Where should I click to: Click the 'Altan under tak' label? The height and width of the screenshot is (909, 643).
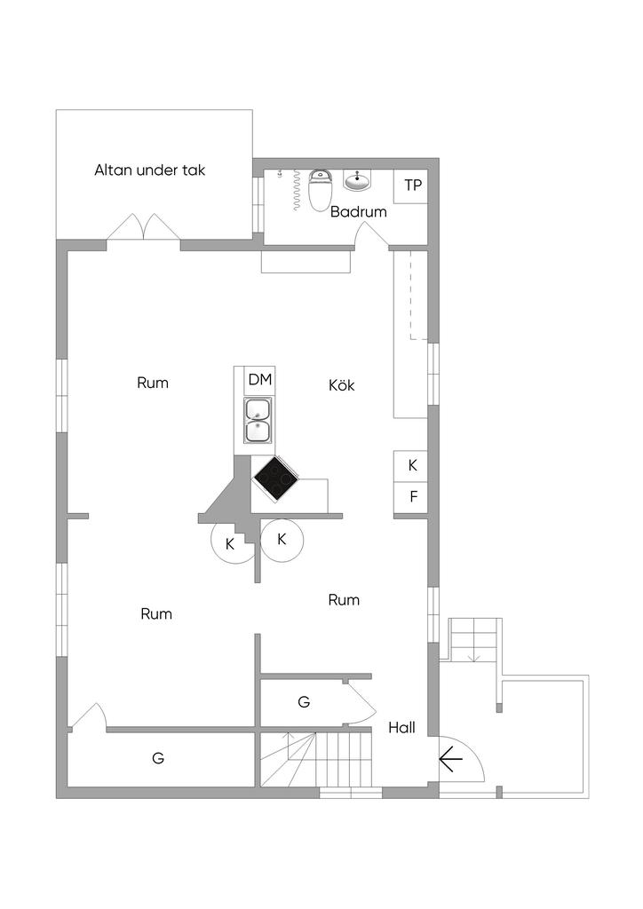point(149,170)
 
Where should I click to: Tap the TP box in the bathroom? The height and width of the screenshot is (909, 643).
point(410,186)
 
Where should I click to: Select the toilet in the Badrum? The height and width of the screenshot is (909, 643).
point(320,189)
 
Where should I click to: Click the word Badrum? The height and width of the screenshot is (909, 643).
point(358,211)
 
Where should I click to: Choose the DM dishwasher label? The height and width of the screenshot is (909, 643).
point(259,380)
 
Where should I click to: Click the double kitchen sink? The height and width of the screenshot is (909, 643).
point(258,420)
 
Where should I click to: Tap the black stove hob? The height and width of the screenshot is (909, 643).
point(276,477)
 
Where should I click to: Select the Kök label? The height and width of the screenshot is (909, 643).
point(342,385)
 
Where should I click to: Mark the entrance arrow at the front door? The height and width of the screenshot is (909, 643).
point(450,760)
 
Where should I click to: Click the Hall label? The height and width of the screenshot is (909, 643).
point(401,728)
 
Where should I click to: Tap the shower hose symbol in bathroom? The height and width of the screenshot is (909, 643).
point(297,190)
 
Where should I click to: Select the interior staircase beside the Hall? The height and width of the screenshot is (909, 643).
point(314,760)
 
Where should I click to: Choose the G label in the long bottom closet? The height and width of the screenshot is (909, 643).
point(158,758)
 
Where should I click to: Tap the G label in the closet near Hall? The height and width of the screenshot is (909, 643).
point(304,702)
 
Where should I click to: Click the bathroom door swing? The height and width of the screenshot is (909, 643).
point(371,234)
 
